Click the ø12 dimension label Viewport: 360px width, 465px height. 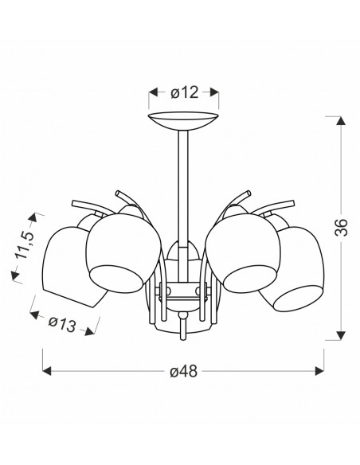coord(184,92)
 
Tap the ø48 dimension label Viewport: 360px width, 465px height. coord(183,371)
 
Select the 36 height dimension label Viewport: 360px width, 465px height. coord(342,227)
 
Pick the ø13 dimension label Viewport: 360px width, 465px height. coord(62,324)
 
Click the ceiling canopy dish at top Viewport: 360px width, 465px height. coord(183,121)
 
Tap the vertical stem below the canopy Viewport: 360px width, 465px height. coord(183,205)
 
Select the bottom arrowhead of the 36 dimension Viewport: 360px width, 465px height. coord(342,335)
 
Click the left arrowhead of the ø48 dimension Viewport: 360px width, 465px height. coord(47,371)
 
